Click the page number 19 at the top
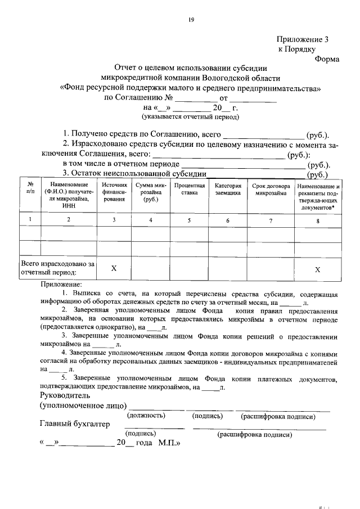(191, 20)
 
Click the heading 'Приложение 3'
(302, 39)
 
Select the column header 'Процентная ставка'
(190, 189)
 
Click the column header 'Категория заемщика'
(228, 189)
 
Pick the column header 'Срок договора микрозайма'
(271, 189)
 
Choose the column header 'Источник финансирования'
(114, 192)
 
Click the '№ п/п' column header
(30, 189)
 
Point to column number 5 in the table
(190, 220)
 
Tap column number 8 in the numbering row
(317, 220)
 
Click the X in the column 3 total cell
(114, 269)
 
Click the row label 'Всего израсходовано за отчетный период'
(57, 268)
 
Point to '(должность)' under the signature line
(146, 416)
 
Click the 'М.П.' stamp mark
(169, 443)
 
